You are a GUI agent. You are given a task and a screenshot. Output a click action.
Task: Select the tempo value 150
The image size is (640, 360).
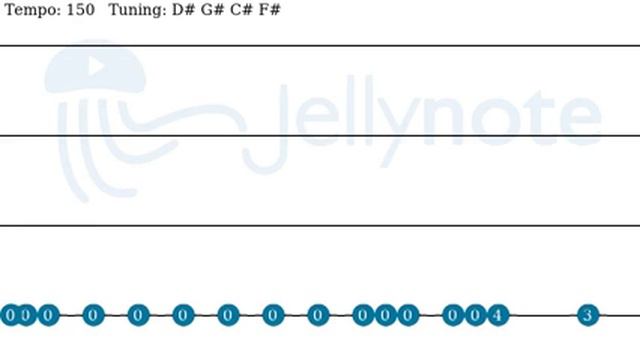80,9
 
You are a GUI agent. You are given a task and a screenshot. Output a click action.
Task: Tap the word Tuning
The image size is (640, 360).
137,10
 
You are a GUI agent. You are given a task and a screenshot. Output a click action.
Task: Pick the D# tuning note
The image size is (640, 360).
183,9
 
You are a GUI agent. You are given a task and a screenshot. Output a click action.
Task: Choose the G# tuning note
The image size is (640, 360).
212,9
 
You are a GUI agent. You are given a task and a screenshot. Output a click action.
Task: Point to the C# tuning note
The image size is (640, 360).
242,9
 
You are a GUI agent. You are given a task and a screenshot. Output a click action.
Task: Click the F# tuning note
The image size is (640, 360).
269,9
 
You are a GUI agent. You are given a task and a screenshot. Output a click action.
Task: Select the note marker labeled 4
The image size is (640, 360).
498,315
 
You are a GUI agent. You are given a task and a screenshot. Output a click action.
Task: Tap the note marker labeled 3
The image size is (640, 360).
588,315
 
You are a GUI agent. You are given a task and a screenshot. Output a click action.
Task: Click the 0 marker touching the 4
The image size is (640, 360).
475,315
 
